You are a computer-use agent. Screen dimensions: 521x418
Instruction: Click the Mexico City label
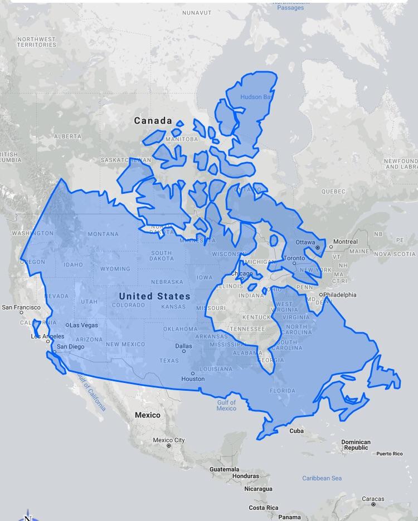coord(168,440)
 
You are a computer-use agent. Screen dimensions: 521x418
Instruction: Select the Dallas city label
coord(183,346)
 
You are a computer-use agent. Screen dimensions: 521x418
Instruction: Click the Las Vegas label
coord(83,325)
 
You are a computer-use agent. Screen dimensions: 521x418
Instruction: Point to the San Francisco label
coord(21,307)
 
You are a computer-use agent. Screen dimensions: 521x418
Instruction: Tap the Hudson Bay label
coord(257,97)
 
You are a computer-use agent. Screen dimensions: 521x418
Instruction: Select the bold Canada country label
coord(153,120)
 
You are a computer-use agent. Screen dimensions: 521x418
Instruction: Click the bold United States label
coord(154,296)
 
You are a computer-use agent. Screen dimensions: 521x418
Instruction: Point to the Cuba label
coord(297,431)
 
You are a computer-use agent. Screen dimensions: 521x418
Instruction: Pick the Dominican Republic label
coord(356,445)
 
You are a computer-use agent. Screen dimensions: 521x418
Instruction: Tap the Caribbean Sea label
coord(322,478)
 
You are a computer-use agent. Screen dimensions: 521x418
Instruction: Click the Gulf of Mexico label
coord(226,405)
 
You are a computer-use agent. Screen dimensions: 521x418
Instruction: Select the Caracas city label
coord(373,499)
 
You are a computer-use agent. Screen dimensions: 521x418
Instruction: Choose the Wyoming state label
coord(115,269)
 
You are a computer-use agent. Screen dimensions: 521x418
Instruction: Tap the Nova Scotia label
coord(395,254)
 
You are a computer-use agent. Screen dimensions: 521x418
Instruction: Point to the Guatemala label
coord(225,469)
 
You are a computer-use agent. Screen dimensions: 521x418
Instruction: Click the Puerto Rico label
coord(389,454)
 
